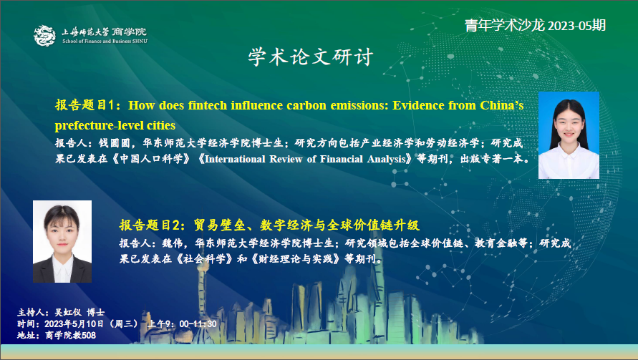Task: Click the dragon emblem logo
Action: (44, 35)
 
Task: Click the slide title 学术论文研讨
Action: (311, 57)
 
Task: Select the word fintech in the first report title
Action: (207, 105)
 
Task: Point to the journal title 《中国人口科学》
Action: (151, 159)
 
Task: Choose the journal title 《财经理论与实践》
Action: (296, 258)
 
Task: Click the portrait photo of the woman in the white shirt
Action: (569, 135)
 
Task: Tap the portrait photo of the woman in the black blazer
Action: (62, 241)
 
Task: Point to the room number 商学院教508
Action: (70, 335)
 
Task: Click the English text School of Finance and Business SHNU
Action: (105, 41)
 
